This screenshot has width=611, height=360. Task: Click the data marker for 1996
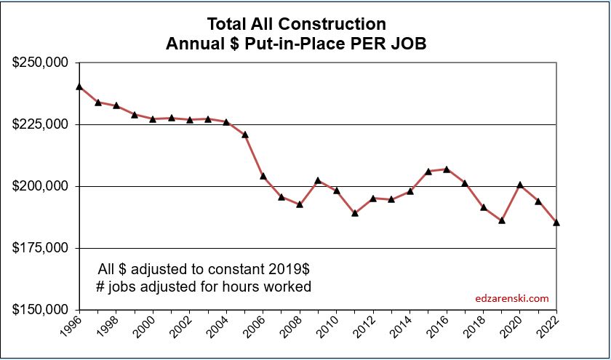(79, 87)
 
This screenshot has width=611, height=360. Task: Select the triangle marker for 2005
(245, 135)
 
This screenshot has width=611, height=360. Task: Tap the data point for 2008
(300, 205)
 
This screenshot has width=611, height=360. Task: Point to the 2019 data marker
(502, 220)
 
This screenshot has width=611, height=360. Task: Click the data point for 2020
(520, 185)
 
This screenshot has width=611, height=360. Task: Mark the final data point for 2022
(556, 223)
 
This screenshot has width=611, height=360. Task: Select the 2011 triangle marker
(355, 213)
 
